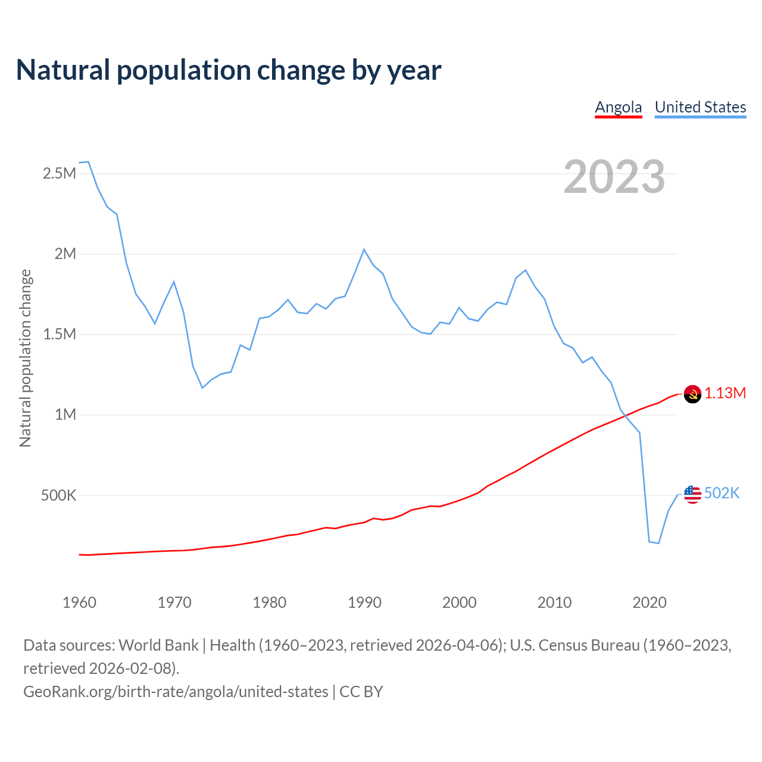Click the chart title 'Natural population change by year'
coord(229,70)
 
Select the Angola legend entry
coord(619,107)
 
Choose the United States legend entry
coord(700,107)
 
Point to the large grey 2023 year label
coord(614,177)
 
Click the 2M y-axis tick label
coord(65,254)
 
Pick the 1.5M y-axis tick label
coord(60,335)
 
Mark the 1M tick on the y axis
coord(65,415)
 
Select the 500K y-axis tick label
coord(58,495)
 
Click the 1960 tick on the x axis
coord(79,602)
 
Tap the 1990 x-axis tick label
coord(364,602)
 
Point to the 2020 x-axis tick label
coord(649,602)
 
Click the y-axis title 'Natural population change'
coord(25,358)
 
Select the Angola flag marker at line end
coord(692,394)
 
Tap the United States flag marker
coord(692,494)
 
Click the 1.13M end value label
coord(725,394)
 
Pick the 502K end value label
coord(722,494)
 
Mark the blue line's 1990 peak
coord(364,249)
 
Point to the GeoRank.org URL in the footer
coord(176,692)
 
